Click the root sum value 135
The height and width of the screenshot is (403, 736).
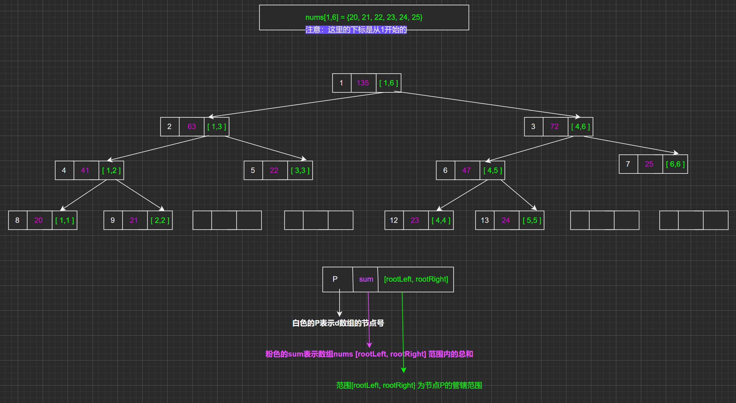click(x=363, y=83)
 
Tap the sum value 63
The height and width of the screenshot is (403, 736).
click(x=192, y=126)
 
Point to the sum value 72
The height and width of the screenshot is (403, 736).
click(x=554, y=126)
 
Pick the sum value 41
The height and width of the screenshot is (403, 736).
click(x=85, y=170)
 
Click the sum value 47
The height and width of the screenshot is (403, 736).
click(x=466, y=170)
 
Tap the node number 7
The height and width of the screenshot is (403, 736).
click(x=628, y=164)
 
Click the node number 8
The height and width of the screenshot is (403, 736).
click(x=17, y=220)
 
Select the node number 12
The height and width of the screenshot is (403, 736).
click(x=394, y=220)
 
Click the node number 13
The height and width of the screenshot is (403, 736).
click(x=484, y=220)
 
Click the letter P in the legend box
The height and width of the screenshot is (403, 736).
click(x=335, y=279)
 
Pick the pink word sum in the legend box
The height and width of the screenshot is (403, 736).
click(x=366, y=279)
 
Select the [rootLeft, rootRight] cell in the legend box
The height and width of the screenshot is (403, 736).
click(x=416, y=279)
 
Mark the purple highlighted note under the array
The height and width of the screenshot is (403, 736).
click(x=356, y=30)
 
